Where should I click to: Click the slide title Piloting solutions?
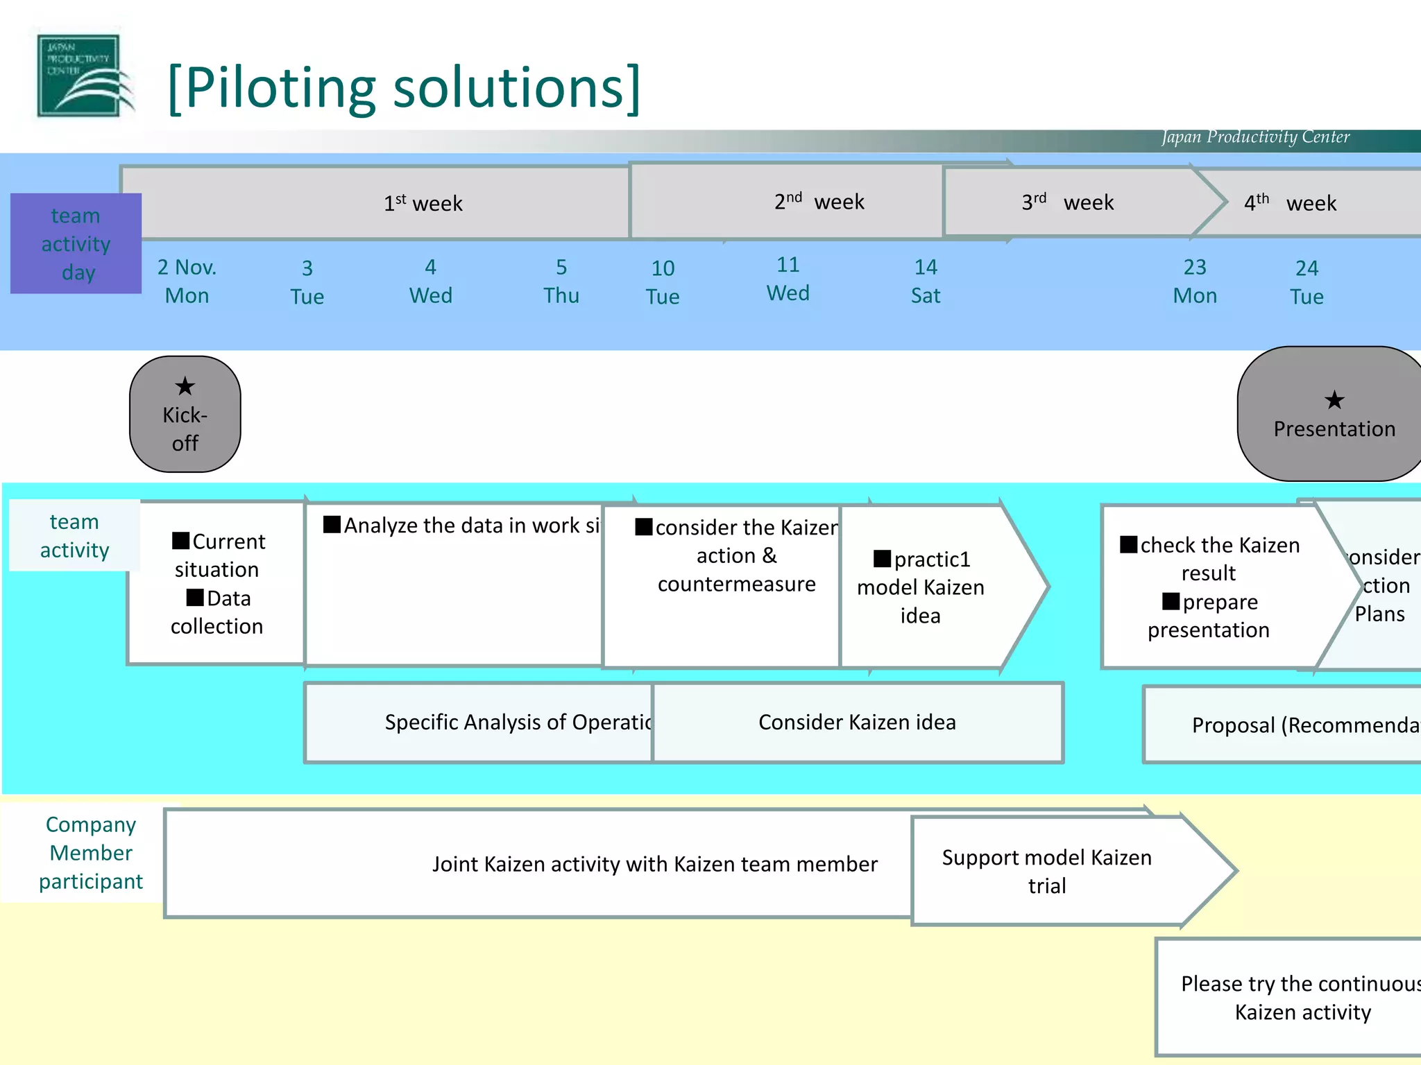pos(404,88)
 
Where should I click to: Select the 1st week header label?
pos(423,203)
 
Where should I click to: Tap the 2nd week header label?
pos(819,202)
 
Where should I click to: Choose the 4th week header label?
pos(1290,203)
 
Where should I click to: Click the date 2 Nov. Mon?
pos(187,282)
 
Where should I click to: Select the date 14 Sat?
pos(926,282)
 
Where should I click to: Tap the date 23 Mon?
pos(1195,282)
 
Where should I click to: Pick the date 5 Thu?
pos(561,282)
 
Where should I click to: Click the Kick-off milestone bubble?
pos(185,415)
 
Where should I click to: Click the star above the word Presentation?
pos(1334,400)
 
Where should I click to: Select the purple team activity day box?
pos(76,243)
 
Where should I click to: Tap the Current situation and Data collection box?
pos(217,583)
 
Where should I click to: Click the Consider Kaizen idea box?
pos(857,722)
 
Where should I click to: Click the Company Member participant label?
pos(90,853)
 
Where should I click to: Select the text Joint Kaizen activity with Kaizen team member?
pos(654,864)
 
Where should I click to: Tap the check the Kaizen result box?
pos(1209,587)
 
